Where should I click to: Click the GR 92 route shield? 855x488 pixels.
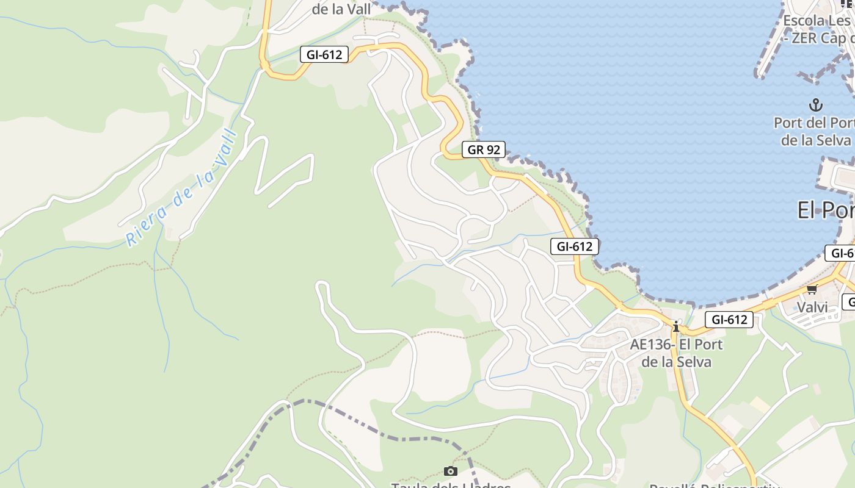tap(483, 149)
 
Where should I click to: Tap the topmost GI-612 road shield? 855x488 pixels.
tap(324, 54)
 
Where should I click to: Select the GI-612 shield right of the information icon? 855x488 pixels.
tap(729, 319)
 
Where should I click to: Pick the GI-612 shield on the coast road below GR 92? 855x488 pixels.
tap(575, 246)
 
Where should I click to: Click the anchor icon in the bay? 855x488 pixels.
tap(815, 105)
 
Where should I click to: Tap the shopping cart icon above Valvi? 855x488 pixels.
tap(812, 289)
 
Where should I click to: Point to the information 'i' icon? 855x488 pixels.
tap(676, 327)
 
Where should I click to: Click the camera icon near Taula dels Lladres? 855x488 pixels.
tap(451, 471)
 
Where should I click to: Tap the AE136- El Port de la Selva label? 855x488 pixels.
tap(676, 353)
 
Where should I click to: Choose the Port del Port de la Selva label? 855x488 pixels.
tap(814, 131)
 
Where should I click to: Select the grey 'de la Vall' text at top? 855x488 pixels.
tap(341, 9)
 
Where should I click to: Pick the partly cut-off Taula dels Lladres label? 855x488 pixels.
tap(451, 485)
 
